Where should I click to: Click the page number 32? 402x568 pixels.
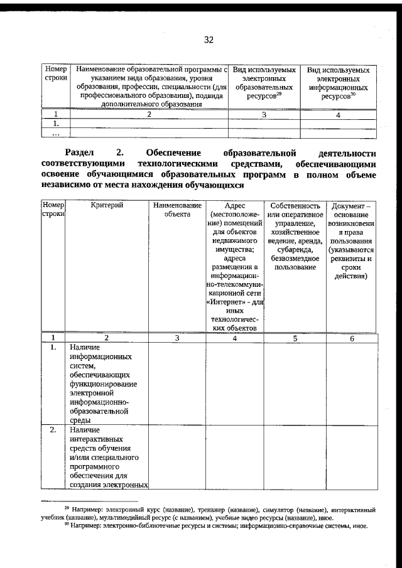click(x=209, y=40)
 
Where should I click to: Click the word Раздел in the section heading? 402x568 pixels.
click(x=80, y=153)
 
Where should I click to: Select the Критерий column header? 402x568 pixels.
click(x=106, y=205)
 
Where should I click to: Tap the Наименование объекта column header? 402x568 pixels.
click(x=177, y=209)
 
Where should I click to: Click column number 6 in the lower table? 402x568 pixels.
click(x=352, y=338)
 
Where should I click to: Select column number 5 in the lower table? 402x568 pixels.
click(x=295, y=338)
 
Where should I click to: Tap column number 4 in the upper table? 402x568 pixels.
click(x=338, y=115)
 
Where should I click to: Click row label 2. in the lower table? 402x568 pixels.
click(x=53, y=430)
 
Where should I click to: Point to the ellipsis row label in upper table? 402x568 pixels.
click(x=56, y=133)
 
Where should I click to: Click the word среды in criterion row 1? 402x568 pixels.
click(x=80, y=421)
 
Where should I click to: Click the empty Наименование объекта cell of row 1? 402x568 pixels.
click(x=177, y=383)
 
